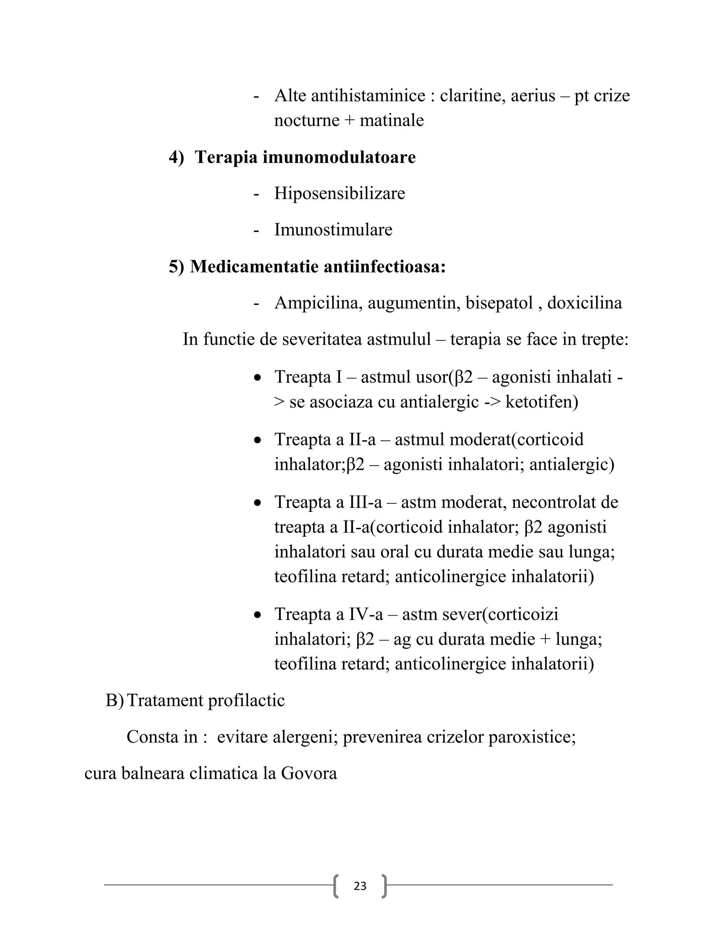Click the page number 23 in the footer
coord(360,886)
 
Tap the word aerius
coord(532,95)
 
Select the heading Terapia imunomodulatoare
coord(305,157)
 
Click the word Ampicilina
coord(319,303)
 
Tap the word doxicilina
coord(584,303)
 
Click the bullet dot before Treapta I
coord(257,377)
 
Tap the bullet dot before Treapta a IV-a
coord(257,614)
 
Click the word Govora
coord(309,773)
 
